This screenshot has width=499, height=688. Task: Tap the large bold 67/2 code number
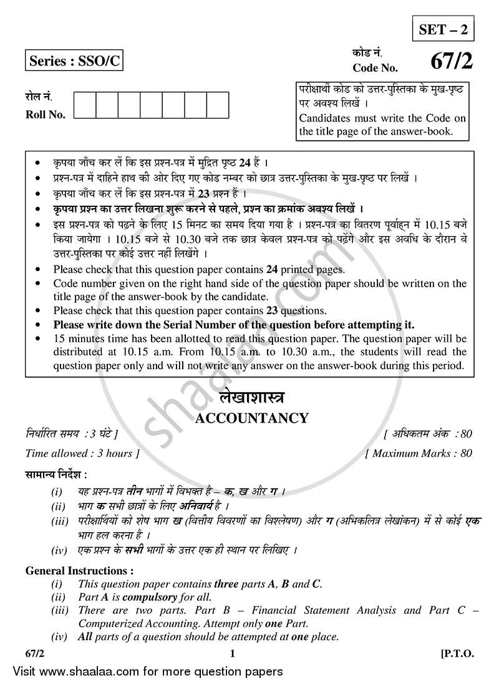(448, 62)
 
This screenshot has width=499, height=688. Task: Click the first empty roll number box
(85, 105)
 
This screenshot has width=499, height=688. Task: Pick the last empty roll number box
(217, 105)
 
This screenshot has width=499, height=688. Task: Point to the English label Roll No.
(45, 115)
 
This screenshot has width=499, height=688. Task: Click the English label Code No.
(374, 69)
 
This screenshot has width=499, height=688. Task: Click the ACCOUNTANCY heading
(251, 418)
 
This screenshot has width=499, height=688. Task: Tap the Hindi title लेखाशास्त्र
(251, 399)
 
